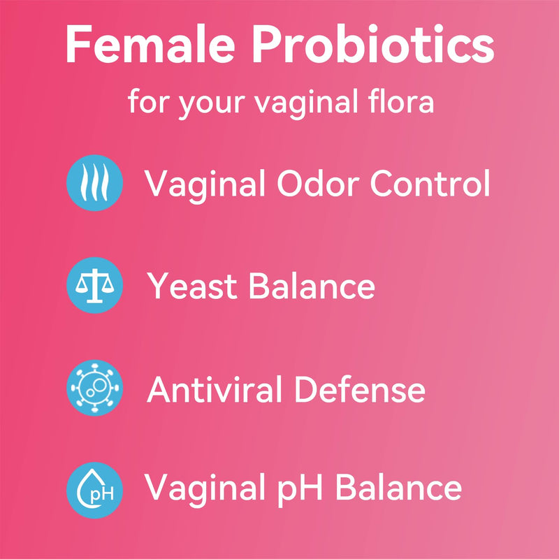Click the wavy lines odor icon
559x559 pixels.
[x=94, y=184]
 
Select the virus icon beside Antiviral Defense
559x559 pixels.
[x=94, y=388]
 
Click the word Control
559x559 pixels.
[x=430, y=184]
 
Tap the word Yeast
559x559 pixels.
[x=192, y=286]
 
